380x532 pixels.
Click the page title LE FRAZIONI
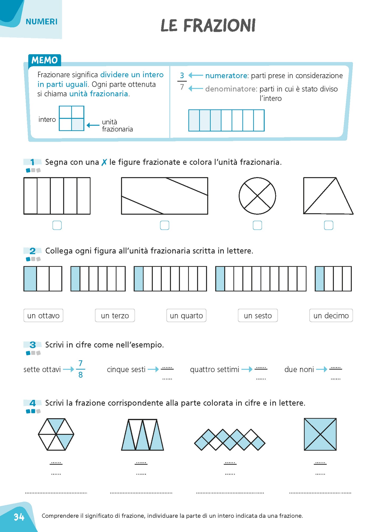208,26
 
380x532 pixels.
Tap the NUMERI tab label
41,22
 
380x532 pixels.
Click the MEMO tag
44,60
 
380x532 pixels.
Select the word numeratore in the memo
226,76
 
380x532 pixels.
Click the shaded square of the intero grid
78,124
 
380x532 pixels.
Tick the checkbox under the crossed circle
257,225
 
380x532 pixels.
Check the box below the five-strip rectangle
57,225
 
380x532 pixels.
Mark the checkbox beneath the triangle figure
328,225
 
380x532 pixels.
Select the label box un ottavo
43,315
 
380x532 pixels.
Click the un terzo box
115,315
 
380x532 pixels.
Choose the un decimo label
331,315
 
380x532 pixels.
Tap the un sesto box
258,315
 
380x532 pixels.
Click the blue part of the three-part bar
30,279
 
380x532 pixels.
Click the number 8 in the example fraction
80,375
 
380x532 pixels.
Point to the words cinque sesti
126,369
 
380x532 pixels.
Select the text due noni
299,369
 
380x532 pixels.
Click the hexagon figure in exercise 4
56,434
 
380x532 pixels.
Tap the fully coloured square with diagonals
320,434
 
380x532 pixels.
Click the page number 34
19,517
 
